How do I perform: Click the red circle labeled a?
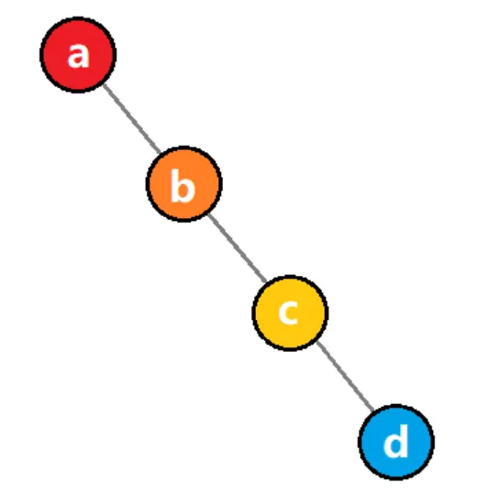click(78, 55)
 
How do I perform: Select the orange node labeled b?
click(184, 184)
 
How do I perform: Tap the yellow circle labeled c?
click(290, 313)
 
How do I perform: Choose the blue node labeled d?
click(396, 442)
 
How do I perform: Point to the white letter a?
click(78, 55)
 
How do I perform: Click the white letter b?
click(183, 185)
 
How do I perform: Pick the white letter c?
click(288, 312)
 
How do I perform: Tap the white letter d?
click(395, 441)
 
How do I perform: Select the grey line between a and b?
click(132, 119)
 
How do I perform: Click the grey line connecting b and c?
click(238, 247)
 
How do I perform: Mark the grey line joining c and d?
click(345, 376)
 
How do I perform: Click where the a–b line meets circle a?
click(104, 84)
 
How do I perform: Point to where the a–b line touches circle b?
click(160, 153)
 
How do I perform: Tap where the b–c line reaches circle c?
click(266, 281)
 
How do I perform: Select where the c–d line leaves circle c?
click(317, 342)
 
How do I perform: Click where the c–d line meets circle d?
click(373, 411)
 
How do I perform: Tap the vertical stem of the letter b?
click(174, 185)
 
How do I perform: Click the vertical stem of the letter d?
click(405, 441)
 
